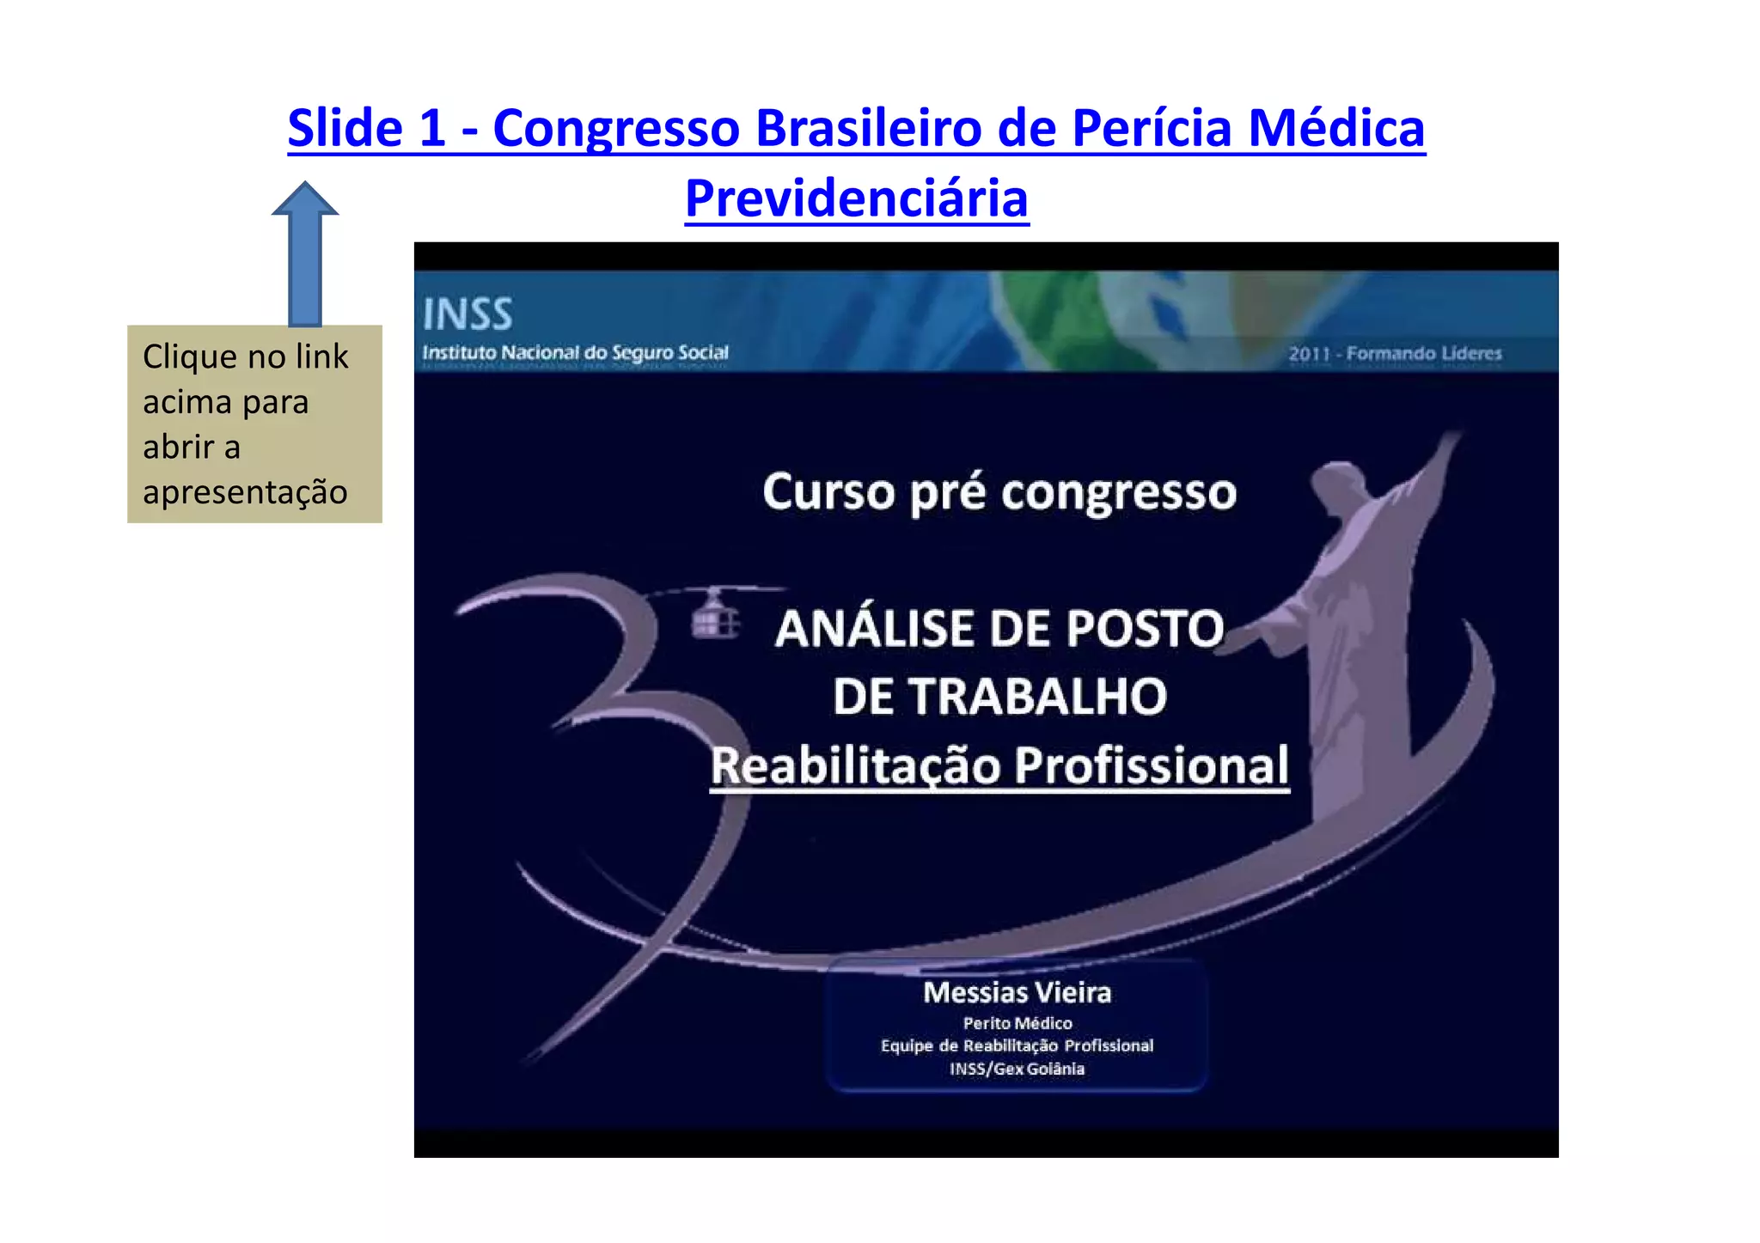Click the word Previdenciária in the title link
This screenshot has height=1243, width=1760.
click(856, 198)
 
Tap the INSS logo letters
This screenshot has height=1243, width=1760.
click(467, 314)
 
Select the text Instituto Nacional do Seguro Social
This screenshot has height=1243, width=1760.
click(575, 353)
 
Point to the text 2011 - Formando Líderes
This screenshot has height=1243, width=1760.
click(1395, 354)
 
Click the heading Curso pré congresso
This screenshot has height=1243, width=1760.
click(999, 493)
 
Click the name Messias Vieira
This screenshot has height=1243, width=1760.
click(1017, 993)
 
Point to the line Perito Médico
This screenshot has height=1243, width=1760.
click(1017, 1023)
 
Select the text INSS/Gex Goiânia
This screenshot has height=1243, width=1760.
click(1017, 1069)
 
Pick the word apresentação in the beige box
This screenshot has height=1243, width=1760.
click(245, 493)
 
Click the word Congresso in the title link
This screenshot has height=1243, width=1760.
click(616, 129)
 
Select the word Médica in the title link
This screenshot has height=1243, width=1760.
click(1336, 129)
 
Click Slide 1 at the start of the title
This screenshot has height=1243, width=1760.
click(366, 129)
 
